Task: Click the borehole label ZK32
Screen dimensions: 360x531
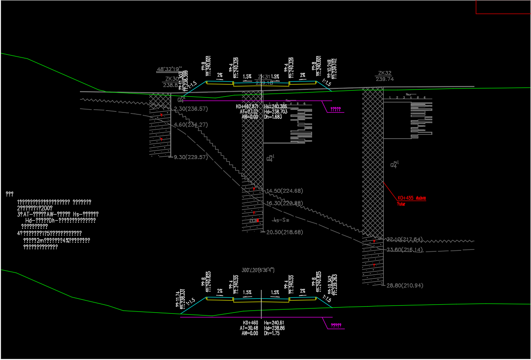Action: coord(385,73)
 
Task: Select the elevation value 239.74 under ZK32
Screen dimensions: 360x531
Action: coord(385,79)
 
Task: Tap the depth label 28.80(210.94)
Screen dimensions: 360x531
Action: coord(405,285)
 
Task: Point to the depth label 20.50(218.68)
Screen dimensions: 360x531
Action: coord(284,232)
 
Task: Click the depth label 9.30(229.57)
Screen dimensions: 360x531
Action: coord(190,157)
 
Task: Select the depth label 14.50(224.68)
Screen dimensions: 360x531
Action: coord(284,191)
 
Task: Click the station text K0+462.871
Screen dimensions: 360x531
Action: coord(247,107)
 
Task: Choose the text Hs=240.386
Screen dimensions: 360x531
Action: coord(276,107)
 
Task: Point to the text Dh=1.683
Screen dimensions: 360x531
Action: coord(273,117)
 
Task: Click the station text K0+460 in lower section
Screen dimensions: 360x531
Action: coord(250,323)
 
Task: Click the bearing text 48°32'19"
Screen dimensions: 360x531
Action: coord(169,69)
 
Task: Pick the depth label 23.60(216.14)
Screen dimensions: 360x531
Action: coord(405,250)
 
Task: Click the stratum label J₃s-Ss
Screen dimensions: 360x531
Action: coord(280,220)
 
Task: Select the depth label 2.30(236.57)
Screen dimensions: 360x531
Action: coord(191,109)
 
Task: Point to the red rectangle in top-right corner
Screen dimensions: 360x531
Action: coord(503,7)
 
